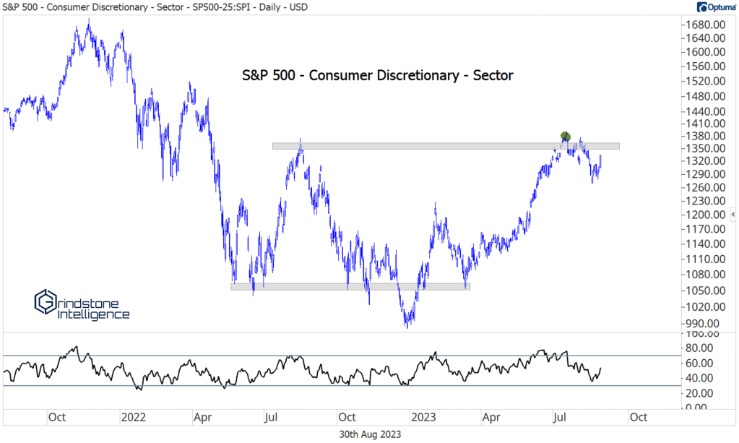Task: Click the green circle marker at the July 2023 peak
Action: click(566, 137)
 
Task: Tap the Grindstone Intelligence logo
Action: click(82, 305)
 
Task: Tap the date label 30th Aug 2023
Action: click(370, 434)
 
